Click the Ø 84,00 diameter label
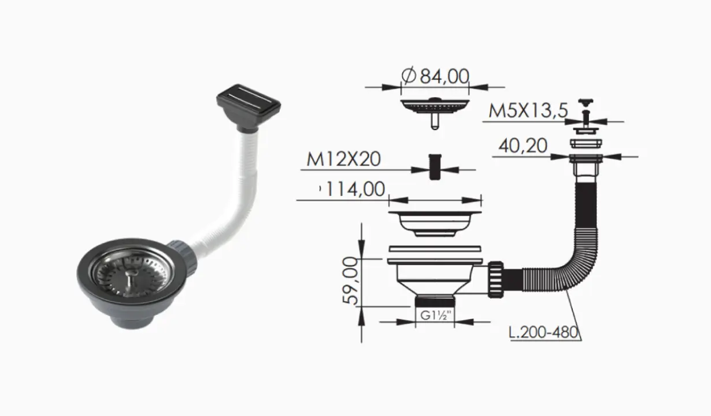pos(435,76)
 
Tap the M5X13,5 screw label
pos(528,111)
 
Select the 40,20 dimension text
pos(523,146)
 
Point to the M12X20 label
pos(343,159)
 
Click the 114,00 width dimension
pos(355,189)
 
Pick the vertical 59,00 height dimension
pos(350,280)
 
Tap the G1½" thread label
pos(435,315)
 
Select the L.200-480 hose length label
pos(543,332)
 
